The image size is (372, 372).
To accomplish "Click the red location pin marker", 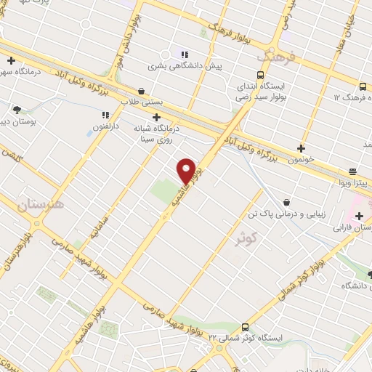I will point(187,171).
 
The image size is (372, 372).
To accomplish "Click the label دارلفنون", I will point(107,128).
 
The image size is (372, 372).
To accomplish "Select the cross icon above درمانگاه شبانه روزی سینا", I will point(156,116).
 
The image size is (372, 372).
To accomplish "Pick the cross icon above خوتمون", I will point(302,148).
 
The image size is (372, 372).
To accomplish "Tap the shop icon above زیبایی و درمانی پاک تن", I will point(287,202).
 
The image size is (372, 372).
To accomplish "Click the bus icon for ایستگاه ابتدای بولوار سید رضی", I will point(260,75).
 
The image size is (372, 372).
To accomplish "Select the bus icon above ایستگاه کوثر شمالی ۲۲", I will point(244,327).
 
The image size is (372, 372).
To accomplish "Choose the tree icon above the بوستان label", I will point(17,110).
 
